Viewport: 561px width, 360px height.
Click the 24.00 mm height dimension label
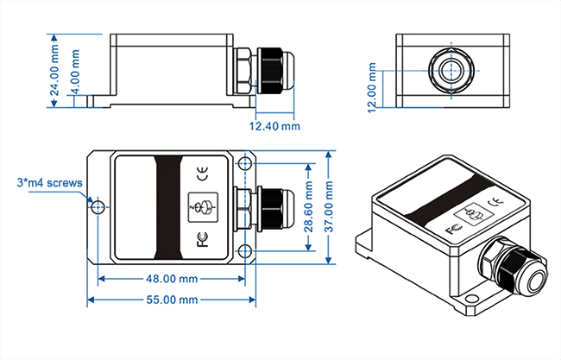pos(55,70)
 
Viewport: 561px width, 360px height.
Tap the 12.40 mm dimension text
pos(274,127)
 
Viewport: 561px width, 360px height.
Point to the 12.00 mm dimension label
pos(372,86)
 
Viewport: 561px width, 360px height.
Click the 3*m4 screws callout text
pos(49,182)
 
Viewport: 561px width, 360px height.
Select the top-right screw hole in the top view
pos(246,164)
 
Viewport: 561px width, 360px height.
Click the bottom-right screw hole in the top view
pos(246,251)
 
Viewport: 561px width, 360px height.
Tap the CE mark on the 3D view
pos(495,204)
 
